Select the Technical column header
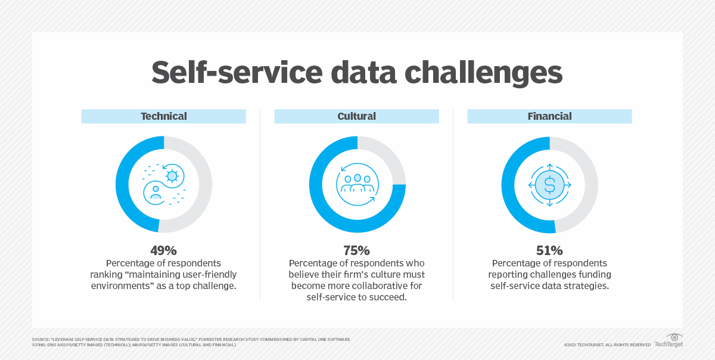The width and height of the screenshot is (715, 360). pyautogui.click(x=163, y=116)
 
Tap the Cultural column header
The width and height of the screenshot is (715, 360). pyautogui.click(x=356, y=116)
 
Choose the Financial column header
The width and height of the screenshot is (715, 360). pyautogui.click(x=549, y=116)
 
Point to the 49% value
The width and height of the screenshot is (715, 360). pyautogui.click(x=163, y=250)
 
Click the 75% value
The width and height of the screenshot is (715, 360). pyautogui.click(x=356, y=250)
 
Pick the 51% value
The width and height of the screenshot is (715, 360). pyautogui.click(x=549, y=250)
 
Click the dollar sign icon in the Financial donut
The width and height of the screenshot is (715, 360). pyautogui.click(x=549, y=185)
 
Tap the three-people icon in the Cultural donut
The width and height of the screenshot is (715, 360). pyautogui.click(x=357, y=182)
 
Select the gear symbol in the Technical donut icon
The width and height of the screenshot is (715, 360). pyautogui.click(x=172, y=175)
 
